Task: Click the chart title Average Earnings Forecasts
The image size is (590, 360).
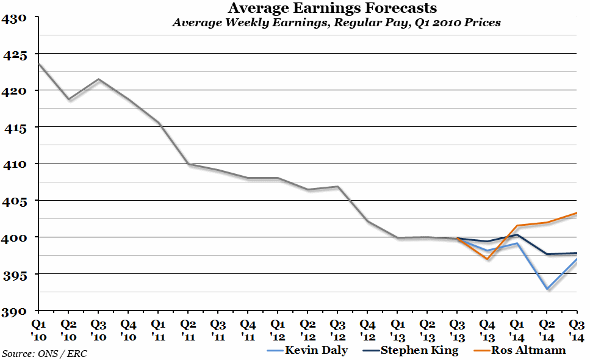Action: (333, 9)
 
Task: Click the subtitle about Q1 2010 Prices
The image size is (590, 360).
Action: (336, 23)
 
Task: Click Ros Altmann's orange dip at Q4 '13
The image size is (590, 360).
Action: (487, 259)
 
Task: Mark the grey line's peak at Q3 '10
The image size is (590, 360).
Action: (99, 79)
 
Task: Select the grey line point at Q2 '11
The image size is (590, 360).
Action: (189, 164)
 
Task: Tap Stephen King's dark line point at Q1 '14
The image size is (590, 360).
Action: (517, 235)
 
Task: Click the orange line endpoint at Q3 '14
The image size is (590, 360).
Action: (577, 213)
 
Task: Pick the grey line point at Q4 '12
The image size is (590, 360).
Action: (368, 221)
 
